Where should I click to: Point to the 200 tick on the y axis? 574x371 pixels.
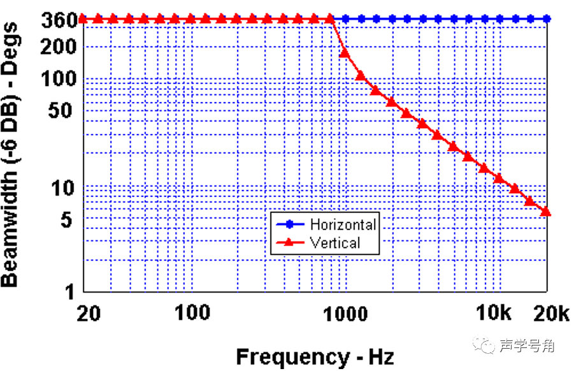[x=61, y=47]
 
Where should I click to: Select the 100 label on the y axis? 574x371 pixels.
[x=61, y=78]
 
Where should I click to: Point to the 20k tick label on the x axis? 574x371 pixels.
[x=549, y=313]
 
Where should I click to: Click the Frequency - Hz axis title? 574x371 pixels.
[x=315, y=356]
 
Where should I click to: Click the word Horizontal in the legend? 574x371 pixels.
[x=343, y=224]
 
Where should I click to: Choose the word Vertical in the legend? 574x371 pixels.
[x=334, y=243]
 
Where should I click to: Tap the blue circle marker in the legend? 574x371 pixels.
[x=291, y=224]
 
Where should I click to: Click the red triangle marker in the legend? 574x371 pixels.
[x=291, y=242]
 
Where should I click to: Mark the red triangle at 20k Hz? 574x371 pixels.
[x=546, y=211]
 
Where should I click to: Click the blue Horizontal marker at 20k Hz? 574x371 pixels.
[x=546, y=19]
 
